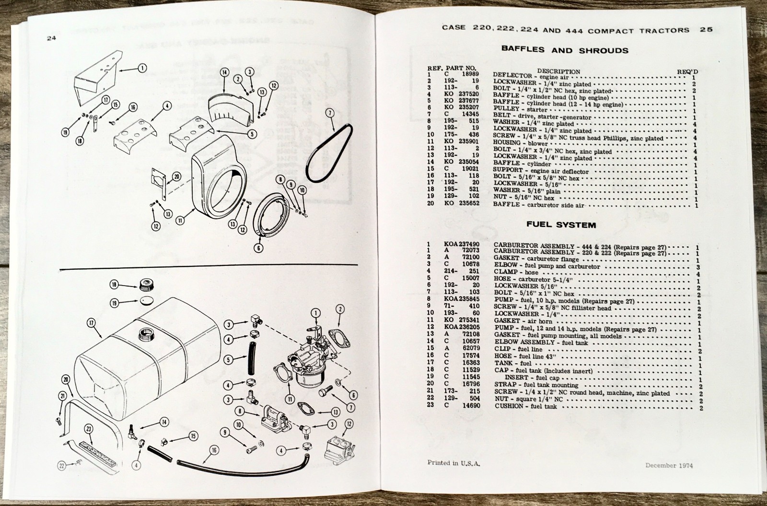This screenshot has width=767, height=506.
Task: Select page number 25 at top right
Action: [706, 29]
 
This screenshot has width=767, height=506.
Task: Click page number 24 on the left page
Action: [52, 39]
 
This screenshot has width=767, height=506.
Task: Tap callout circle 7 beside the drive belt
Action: [329, 113]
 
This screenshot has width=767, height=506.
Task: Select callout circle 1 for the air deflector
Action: [142, 68]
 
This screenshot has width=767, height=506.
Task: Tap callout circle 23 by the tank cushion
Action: [89, 429]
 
